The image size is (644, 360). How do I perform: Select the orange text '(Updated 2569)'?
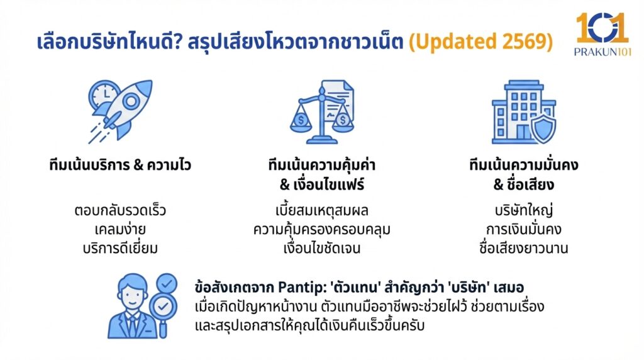481,42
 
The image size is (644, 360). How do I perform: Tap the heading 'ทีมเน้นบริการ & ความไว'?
120,166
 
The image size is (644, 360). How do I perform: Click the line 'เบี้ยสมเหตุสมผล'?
321,210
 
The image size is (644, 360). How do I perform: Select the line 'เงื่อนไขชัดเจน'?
321,247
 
